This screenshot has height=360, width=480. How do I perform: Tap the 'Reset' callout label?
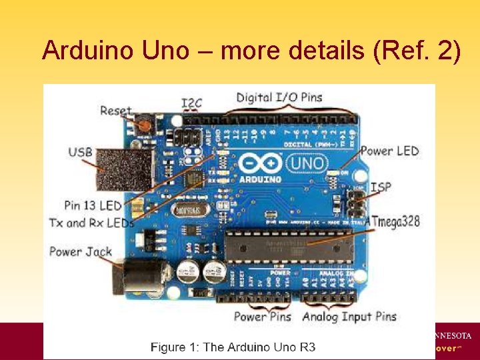point(116,111)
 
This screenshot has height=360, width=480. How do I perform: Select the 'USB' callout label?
point(80,153)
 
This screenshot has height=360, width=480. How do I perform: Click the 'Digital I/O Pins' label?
point(279,97)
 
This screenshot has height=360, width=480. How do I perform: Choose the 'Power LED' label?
point(390,151)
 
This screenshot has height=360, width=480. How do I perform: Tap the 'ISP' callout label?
point(381,187)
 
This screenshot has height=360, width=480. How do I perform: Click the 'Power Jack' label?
point(81,252)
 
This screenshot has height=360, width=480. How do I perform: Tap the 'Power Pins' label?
point(262,317)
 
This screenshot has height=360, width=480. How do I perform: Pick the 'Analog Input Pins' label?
point(349,317)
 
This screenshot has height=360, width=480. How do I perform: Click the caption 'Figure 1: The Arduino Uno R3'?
point(233,347)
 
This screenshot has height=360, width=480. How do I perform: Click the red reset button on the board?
point(143,124)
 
